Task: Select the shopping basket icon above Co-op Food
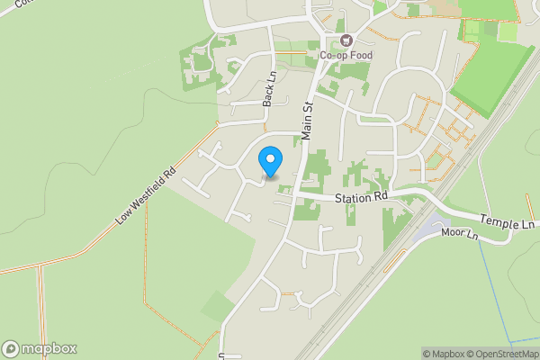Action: pyautogui.click(x=346, y=40)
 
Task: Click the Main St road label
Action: pyautogui.click(x=307, y=120)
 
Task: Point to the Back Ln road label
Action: pyautogui.click(x=268, y=90)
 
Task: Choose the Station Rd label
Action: pyautogui.click(x=361, y=197)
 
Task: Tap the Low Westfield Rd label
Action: pyautogui.click(x=145, y=195)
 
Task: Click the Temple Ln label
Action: pyautogui.click(x=507, y=220)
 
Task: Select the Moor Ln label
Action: pyautogui.click(x=460, y=233)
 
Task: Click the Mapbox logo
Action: pyautogui.click(x=40, y=349)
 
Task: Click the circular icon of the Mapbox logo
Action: pyautogui.click(x=11, y=349)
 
